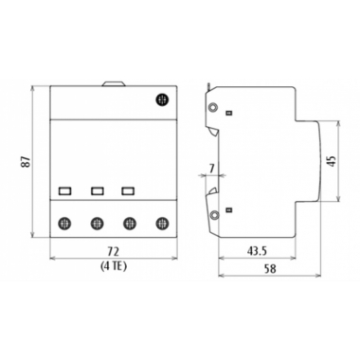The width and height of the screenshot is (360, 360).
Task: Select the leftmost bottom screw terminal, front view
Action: click(x=65, y=224)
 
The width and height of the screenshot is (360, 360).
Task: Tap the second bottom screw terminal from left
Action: click(x=96, y=224)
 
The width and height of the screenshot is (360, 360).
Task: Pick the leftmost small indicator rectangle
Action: click(x=65, y=190)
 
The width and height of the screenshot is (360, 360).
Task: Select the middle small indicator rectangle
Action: click(x=96, y=190)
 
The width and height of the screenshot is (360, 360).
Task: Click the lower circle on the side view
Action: click(x=215, y=216)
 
